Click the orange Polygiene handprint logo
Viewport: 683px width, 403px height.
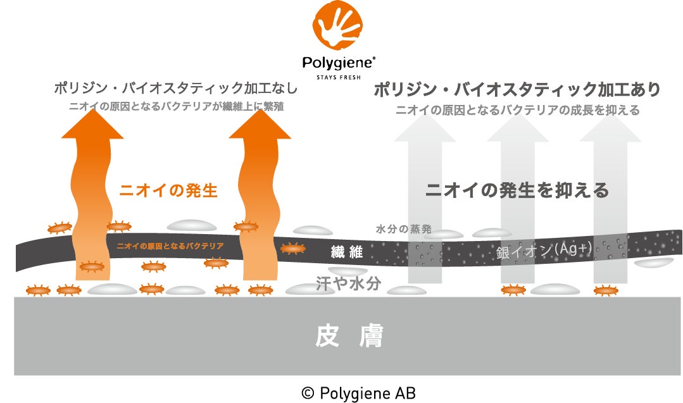point(341,27)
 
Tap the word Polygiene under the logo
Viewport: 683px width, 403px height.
point(340,63)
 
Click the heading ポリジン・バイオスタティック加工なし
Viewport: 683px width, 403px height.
point(175,89)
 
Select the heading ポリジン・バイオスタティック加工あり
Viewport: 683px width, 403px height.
point(517,89)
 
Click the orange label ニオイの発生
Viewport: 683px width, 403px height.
point(168,190)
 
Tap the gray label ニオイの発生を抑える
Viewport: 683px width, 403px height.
point(517,190)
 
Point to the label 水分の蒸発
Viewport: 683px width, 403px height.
point(403,228)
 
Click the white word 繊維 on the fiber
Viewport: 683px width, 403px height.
point(347,252)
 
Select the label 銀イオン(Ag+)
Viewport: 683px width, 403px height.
point(544,251)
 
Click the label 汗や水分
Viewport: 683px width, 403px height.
point(348,283)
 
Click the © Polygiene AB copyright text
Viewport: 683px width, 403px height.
point(358,393)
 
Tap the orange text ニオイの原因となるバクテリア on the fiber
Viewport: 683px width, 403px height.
point(170,245)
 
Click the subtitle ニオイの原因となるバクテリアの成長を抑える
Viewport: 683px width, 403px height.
point(517,111)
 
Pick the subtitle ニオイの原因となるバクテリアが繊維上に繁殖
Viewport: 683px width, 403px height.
point(176,107)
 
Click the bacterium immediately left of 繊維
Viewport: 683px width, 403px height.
point(292,249)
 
